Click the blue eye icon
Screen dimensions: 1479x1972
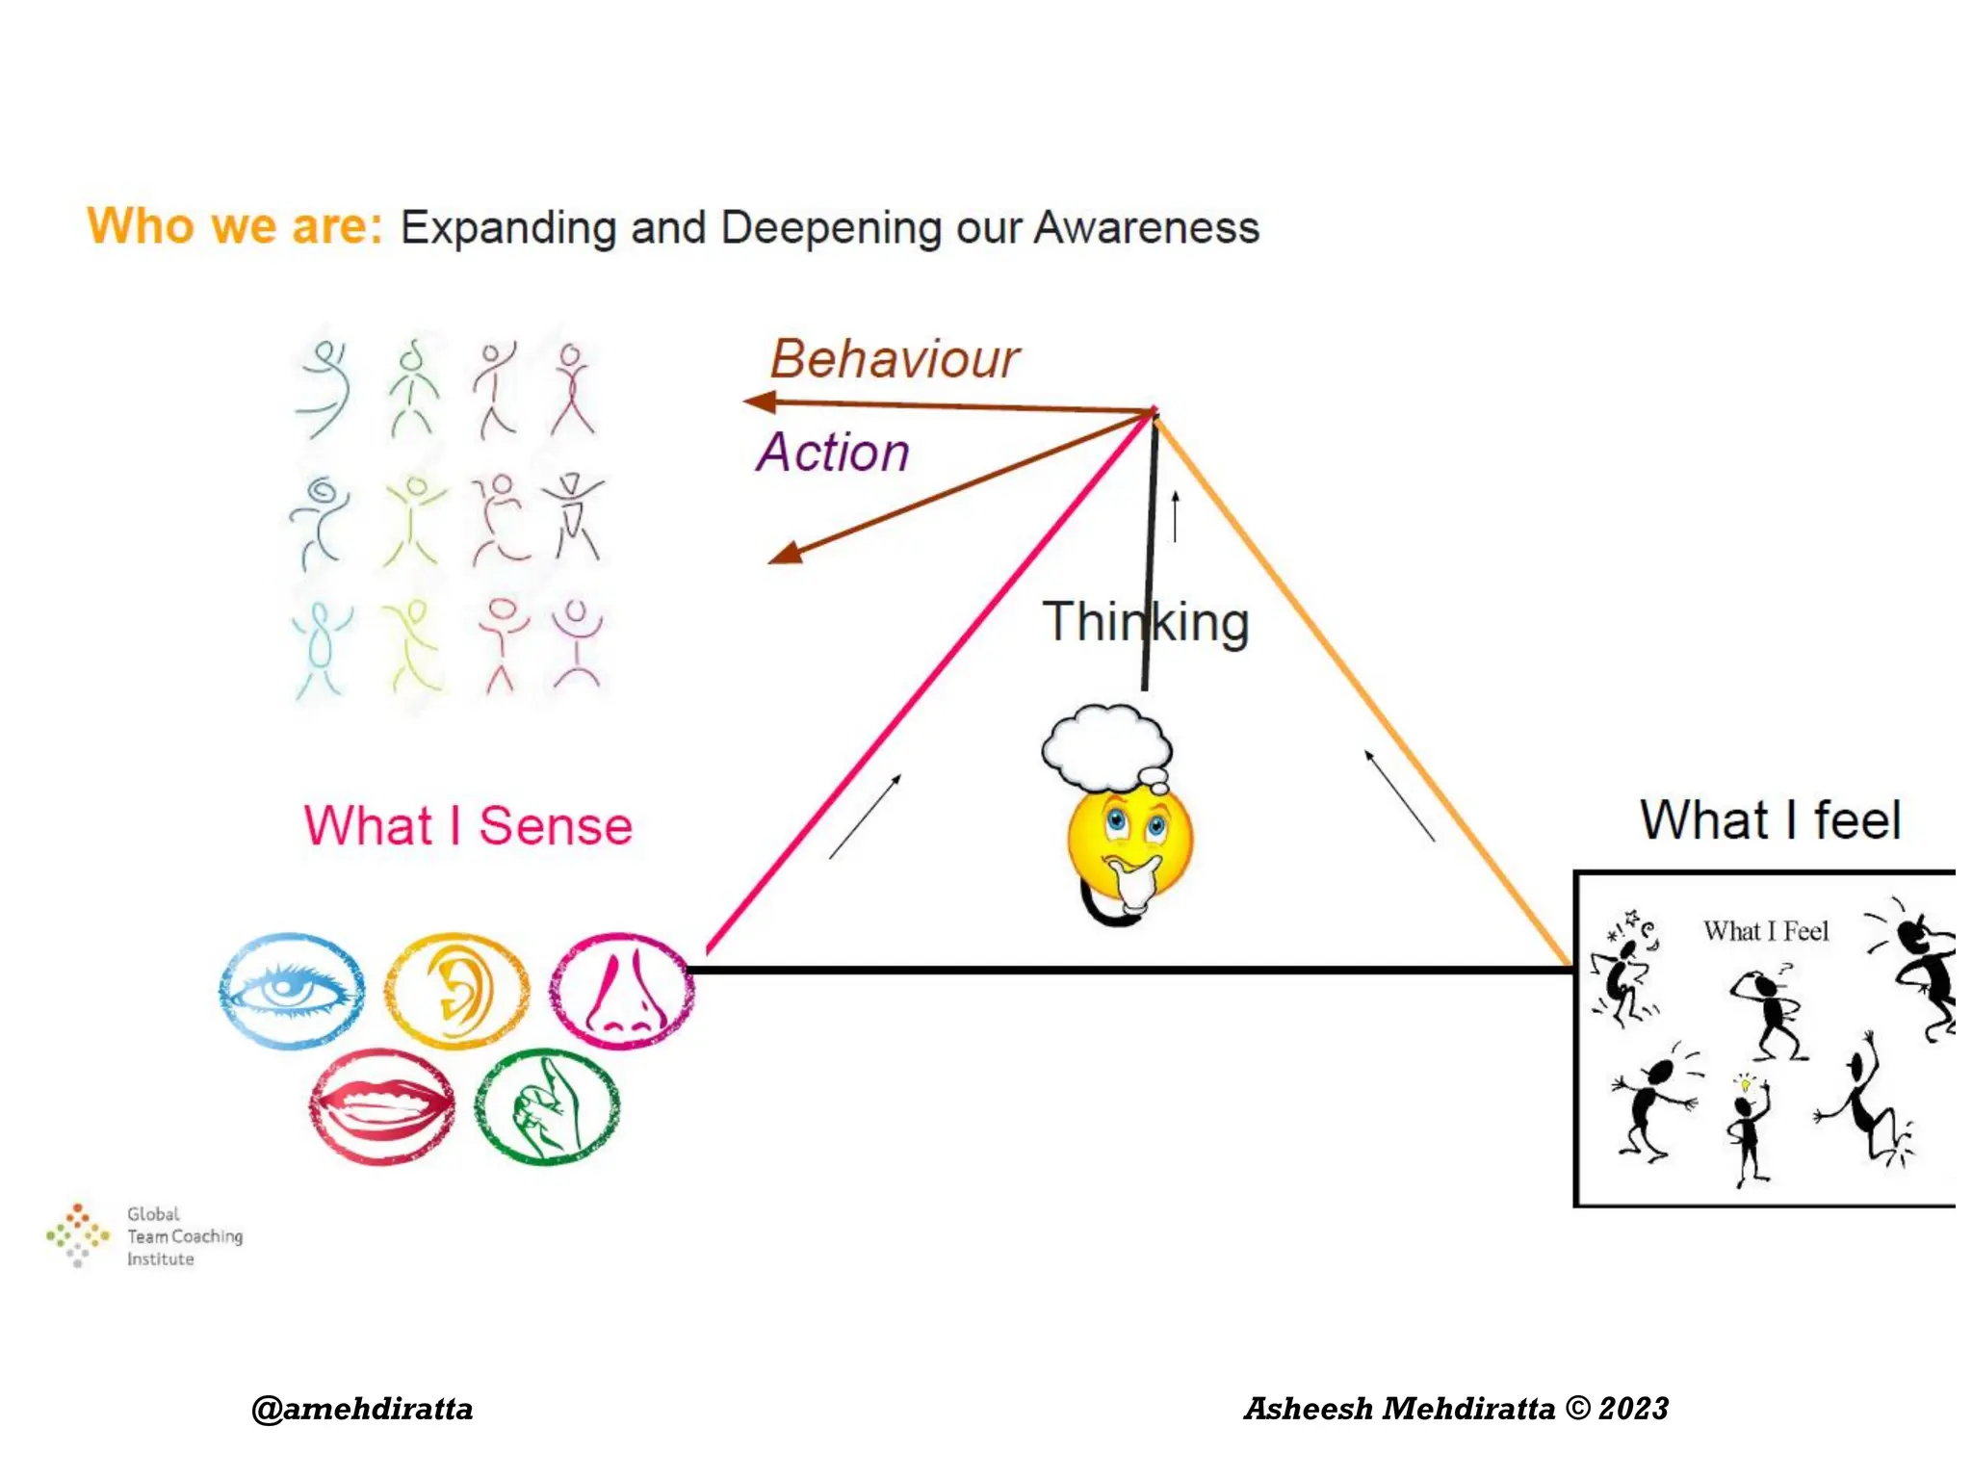coord(291,990)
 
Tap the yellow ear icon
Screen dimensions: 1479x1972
coord(456,990)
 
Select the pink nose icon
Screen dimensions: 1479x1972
coord(622,990)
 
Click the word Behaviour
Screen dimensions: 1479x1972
coord(894,360)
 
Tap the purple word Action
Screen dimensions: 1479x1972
coord(833,453)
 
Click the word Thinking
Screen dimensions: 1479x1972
coord(1146,622)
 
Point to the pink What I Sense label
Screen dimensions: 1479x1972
coord(468,826)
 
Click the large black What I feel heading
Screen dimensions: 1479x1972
coord(1770,820)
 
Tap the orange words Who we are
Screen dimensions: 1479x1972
coord(235,227)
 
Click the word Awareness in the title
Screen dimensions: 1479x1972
coord(1146,228)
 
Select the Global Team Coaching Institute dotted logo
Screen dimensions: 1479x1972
coord(77,1234)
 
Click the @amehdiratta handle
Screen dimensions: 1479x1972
coord(362,1409)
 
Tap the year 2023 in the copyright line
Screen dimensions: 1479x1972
coord(1633,1409)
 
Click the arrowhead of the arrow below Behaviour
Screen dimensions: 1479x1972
coord(761,402)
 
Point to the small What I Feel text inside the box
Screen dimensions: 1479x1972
coord(1765,931)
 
